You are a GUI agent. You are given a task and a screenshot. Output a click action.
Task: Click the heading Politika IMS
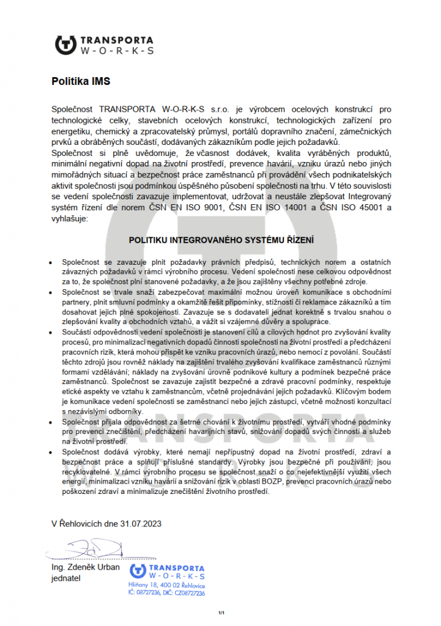(81, 80)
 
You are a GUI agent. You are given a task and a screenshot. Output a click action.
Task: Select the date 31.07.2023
(142, 523)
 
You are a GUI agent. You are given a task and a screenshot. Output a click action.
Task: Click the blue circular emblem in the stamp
(138, 572)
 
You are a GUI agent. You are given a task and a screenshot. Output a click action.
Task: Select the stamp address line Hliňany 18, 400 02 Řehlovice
(166, 585)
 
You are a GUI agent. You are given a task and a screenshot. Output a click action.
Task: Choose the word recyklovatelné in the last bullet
(89, 471)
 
